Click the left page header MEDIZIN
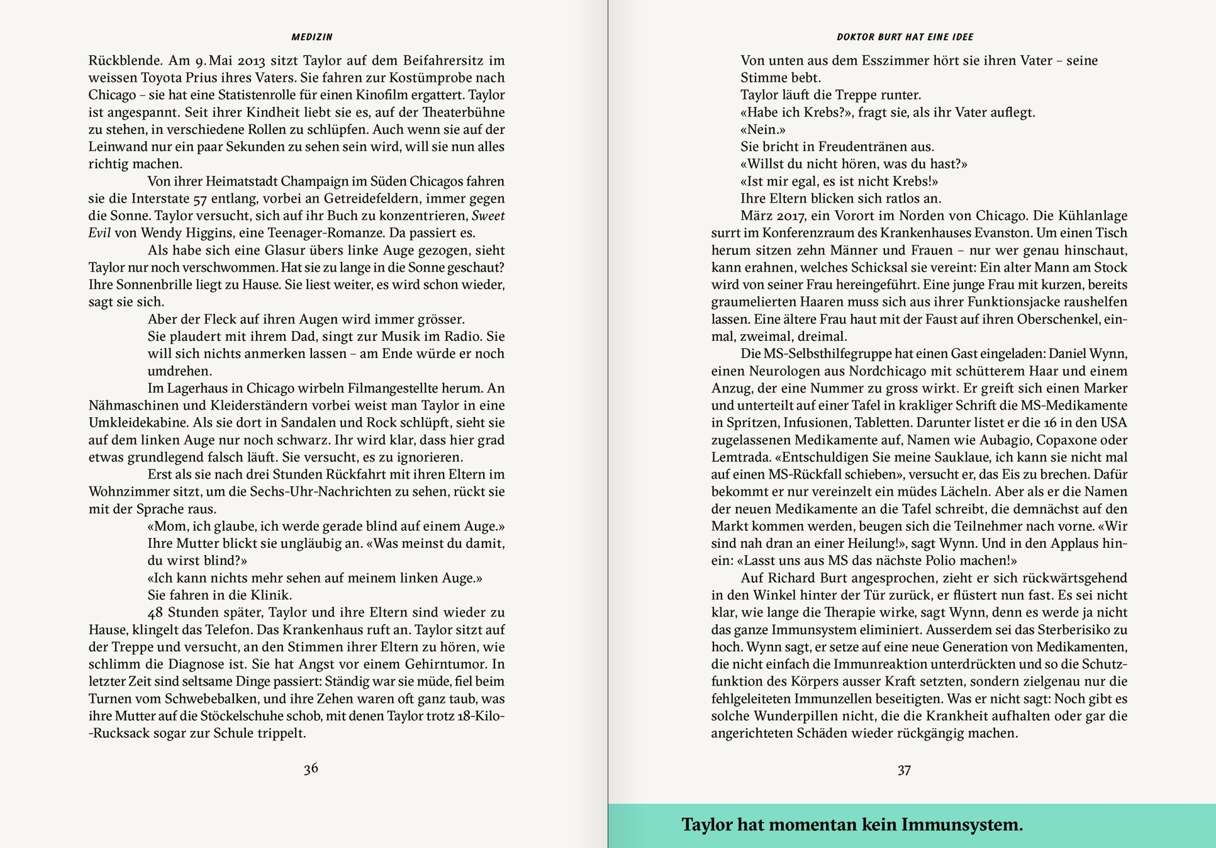(x=312, y=37)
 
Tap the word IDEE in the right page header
(x=962, y=37)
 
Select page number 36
(x=311, y=768)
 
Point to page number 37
(x=904, y=770)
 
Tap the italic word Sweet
(x=488, y=216)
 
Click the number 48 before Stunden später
(x=155, y=612)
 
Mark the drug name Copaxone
(x=1054, y=440)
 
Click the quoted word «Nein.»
(x=763, y=129)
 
